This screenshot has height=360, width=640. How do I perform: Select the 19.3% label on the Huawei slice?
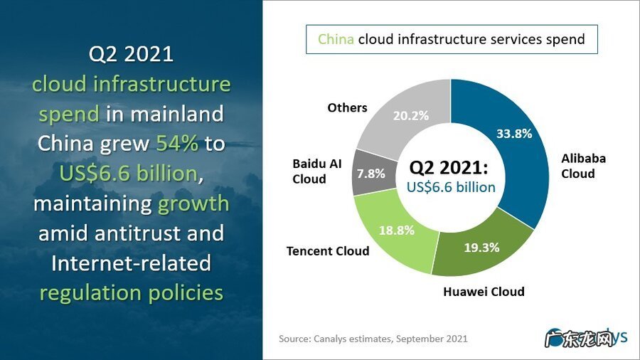pos(481,248)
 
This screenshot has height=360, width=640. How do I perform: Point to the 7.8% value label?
pos(370,173)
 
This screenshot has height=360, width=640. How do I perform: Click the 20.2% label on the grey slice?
pos(411,115)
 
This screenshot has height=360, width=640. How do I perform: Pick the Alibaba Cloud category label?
pos(583,166)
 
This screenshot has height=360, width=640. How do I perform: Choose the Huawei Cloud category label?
pos(484,292)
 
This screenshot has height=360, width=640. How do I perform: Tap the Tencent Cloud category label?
pos(328,250)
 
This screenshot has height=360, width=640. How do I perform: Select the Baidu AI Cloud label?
pos(317,171)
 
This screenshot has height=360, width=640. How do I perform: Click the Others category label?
pos(347,107)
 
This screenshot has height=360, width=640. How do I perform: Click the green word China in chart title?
pos(336,39)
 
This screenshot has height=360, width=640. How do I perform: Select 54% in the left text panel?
pos(178,144)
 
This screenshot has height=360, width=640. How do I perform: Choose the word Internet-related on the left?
pos(131,263)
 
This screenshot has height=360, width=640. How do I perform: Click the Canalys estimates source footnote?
pos(373,339)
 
